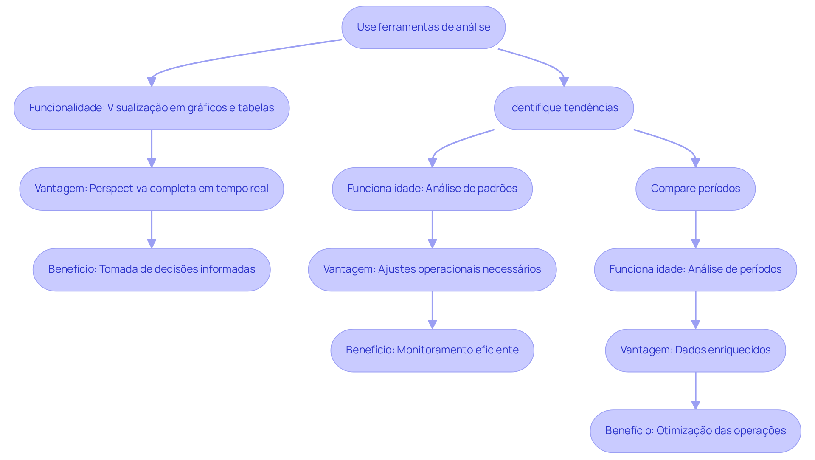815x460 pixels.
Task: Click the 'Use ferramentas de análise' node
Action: [x=423, y=27]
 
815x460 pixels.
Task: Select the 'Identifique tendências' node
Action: [x=564, y=108]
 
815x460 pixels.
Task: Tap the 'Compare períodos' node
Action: [x=695, y=189]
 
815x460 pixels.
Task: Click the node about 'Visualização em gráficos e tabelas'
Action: [x=152, y=108]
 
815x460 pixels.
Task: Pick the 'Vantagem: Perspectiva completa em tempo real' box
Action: [x=152, y=189]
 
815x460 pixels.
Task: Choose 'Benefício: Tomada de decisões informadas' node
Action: [x=152, y=269]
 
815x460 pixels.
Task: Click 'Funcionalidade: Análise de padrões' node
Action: [x=432, y=189]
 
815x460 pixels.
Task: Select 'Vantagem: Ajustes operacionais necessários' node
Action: [x=432, y=269]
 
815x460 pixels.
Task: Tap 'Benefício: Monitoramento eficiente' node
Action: [x=432, y=350]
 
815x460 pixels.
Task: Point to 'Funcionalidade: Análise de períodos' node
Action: [x=695, y=269]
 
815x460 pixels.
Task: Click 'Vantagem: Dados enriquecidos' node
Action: [x=695, y=350]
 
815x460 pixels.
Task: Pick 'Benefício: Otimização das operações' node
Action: [x=695, y=431]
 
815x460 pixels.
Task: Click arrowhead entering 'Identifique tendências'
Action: [x=564, y=82]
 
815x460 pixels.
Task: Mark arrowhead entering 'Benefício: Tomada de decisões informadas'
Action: [x=152, y=243]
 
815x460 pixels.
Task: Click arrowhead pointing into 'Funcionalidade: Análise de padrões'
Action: [x=432, y=163]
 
